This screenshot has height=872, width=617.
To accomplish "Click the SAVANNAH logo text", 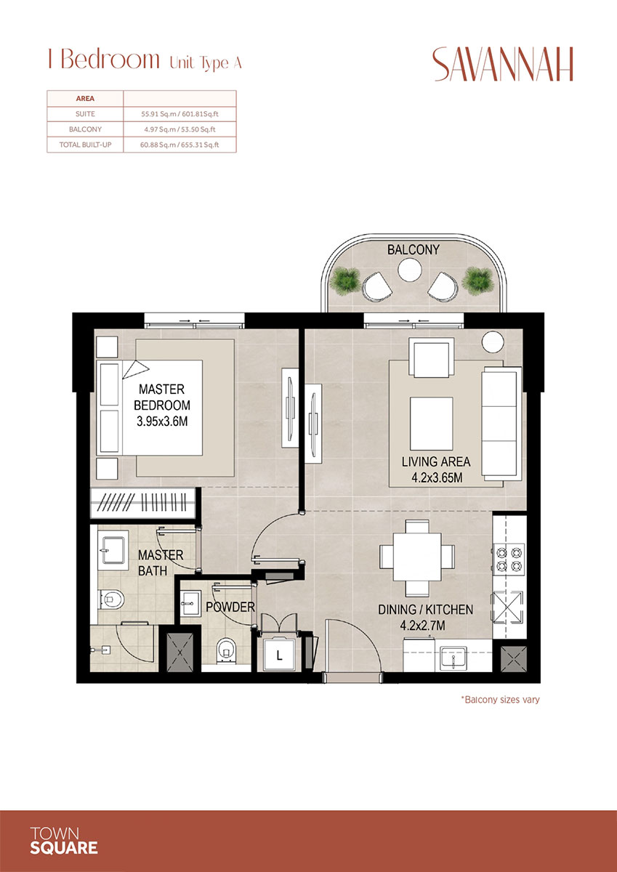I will coord(503,65).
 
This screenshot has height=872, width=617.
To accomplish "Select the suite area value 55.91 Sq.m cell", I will coord(180,114).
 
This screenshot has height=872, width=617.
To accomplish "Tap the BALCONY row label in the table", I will coord(85,129).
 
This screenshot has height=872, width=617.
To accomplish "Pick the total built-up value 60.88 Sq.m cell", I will coord(180,145).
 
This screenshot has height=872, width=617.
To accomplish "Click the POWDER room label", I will coord(230,607).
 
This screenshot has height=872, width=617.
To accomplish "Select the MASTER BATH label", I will coord(161,562).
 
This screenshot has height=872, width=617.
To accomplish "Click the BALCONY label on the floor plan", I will coord(413,249).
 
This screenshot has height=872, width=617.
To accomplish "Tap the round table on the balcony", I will coord(408,271).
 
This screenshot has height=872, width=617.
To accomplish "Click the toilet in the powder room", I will coord(227,648).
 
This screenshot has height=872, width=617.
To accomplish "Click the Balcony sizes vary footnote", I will coord(499,700).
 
